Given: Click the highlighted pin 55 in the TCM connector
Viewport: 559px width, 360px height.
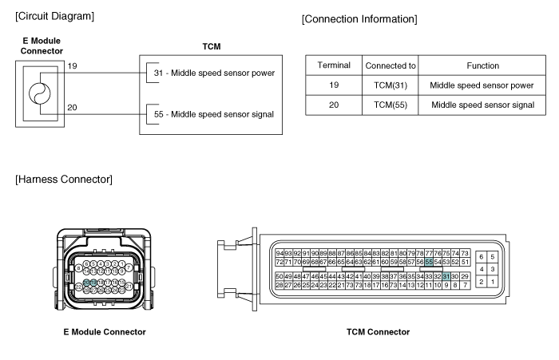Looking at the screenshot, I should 429,261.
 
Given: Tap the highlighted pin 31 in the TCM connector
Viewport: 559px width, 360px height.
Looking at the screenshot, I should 446,276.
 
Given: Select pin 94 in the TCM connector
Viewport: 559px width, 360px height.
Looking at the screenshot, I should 279,253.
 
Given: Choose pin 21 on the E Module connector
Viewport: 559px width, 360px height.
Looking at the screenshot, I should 129,286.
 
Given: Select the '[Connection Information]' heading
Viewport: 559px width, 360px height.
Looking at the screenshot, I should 359,41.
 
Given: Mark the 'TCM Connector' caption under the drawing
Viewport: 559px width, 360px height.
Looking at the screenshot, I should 378,332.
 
